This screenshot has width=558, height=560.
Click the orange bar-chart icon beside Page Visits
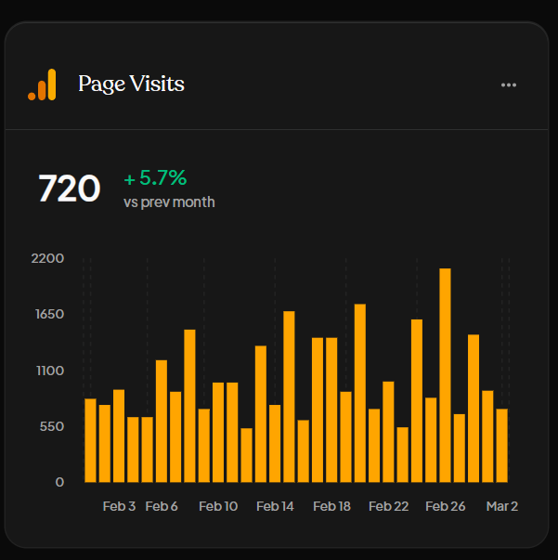click(42, 85)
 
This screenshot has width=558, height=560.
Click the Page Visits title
click(131, 85)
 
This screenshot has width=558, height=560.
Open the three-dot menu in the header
click(508, 85)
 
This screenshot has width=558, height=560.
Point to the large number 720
click(69, 189)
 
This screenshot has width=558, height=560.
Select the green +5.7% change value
click(155, 177)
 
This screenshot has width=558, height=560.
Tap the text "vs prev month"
click(169, 202)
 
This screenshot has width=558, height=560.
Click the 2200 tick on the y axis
click(46, 257)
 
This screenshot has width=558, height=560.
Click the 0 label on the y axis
click(59, 482)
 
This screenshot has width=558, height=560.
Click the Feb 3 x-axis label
click(119, 506)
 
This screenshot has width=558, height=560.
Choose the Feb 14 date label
click(275, 506)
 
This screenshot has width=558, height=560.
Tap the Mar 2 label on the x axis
click(502, 506)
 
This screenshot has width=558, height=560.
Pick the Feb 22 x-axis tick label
click(388, 506)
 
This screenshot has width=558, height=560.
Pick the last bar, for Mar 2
click(501, 445)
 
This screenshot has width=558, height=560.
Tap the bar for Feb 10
click(218, 432)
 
